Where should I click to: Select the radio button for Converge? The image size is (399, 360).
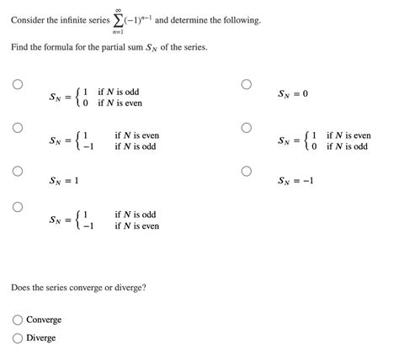(x=18, y=320)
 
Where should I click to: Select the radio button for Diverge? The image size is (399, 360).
(x=18, y=337)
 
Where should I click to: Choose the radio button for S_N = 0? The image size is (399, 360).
(x=246, y=84)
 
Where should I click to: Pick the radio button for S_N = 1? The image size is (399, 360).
(x=17, y=170)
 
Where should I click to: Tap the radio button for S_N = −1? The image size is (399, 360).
(x=246, y=170)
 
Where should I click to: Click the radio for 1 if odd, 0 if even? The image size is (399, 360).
(x=17, y=84)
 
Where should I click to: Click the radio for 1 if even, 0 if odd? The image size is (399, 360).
(x=246, y=128)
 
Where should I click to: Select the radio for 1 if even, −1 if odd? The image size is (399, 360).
(x=17, y=128)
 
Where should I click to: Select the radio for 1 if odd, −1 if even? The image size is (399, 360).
(x=17, y=206)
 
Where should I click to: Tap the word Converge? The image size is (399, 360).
(x=44, y=320)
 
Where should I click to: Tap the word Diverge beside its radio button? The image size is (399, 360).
(x=41, y=337)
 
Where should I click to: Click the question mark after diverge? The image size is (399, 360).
(x=145, y=288)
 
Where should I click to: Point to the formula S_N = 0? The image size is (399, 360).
(x=294, y=93)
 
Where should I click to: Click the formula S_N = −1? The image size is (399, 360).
(x=295, y=180)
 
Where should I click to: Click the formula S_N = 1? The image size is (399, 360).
(x=64, y=180)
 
